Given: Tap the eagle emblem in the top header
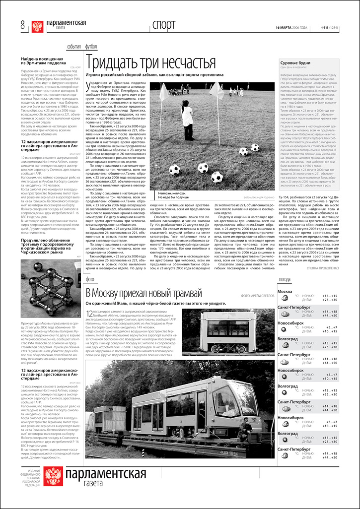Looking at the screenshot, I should coord(37,27).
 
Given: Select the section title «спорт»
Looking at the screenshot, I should coord(164,25).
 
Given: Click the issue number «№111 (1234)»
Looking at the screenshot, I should coord(329,27).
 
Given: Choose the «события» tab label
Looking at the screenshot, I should coord(74,47).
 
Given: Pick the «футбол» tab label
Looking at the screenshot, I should coord(91,47).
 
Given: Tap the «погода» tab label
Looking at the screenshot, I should coord(285,280).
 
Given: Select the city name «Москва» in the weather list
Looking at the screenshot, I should coord(285,291).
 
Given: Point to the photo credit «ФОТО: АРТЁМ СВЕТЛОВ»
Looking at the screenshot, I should coord(258,296).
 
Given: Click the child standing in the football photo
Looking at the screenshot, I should coord(187,121).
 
